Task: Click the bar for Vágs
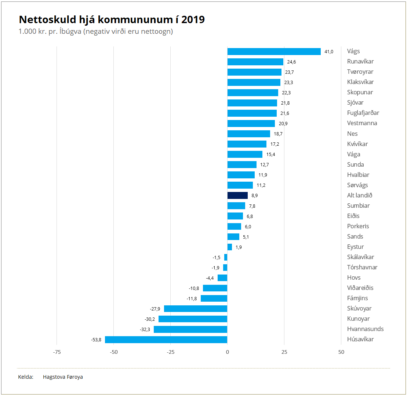pos(274,51)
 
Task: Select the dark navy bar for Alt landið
pos(237,195)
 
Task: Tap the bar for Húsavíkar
pos(166,339)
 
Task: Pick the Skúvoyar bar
pos(196,309)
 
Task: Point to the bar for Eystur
pos(230,247)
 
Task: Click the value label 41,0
pos(329,52)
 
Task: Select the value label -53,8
pos(96,340)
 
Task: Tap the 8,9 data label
pos(255,196)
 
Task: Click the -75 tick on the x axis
pos(57,352)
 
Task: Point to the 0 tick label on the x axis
pos(228,352)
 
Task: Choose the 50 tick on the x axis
pos(341,352)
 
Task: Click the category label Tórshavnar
pos(362,268)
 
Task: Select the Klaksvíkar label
pos(360,82)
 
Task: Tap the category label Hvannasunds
pos(365,329)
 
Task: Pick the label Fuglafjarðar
pos(363,113)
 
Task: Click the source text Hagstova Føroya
pos(63,377)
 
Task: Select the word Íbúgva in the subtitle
pos(70,32)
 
